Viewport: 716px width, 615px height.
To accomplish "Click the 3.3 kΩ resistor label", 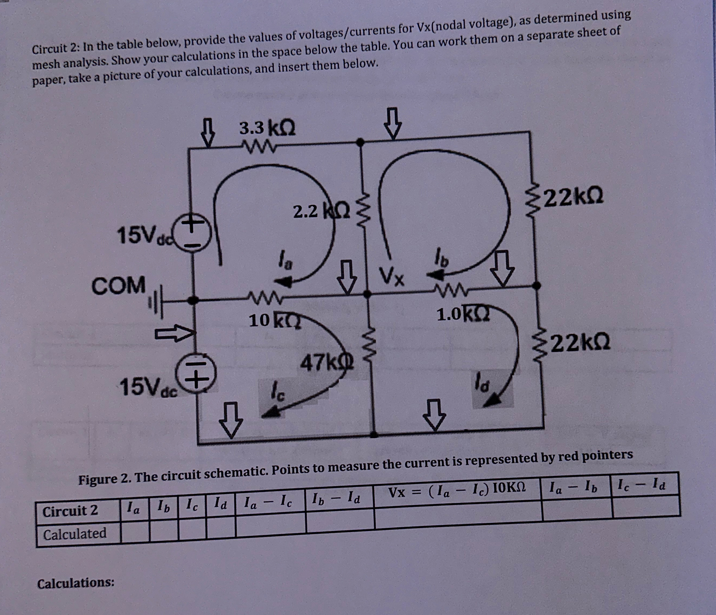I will [x=267, y=128].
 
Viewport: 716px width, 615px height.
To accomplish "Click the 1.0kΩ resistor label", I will [x=462, y=314].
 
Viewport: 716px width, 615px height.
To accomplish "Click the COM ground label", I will [x=118, y=286].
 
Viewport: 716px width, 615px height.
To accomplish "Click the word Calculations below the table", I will [x=76, y=583].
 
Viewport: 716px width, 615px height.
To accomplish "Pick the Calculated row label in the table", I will [x=75, y=533].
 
